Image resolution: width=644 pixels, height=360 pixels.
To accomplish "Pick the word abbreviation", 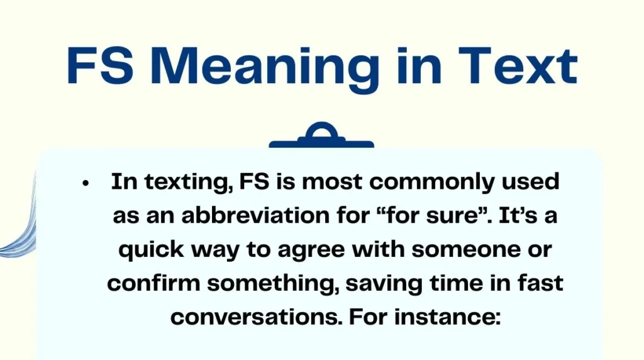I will pyautogui.click(x=262, y=217).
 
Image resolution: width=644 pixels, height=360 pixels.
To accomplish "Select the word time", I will pyautogui.click(x=460, y=283).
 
